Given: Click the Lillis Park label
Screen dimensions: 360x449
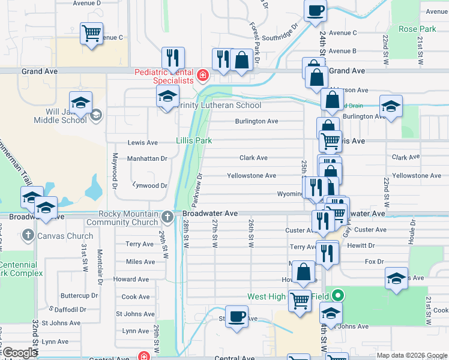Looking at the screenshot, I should click(194, 140).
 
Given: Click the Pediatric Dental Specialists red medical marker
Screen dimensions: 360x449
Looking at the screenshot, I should click(203, 76).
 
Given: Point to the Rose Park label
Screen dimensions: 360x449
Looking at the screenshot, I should click(417, 29).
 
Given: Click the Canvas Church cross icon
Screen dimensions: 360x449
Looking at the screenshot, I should click(26, 236).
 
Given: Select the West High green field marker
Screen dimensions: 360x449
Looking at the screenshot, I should click(338, 295).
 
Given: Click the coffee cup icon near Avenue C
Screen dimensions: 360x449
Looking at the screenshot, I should click(316, 10).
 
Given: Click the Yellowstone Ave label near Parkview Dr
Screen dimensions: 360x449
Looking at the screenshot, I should click(251, 176).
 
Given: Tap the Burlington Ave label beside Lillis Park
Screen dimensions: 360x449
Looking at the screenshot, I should click(256, 121).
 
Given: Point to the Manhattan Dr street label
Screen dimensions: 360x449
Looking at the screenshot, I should click(146, 158).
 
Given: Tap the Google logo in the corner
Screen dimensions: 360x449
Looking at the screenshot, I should click(20, 353).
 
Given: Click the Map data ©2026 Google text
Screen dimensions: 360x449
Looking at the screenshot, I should click(411, 355).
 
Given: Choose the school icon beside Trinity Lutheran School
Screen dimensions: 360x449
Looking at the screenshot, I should click(168, 96).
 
